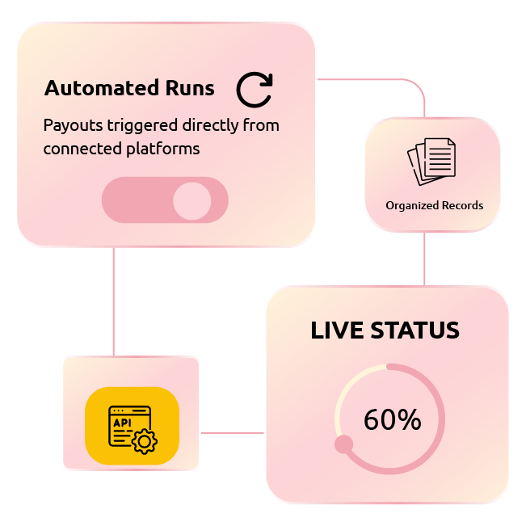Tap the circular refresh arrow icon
(x=254, y=90)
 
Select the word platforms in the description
(x=164, y=149)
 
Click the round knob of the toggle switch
(x=191, y=200)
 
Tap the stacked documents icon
(x=431, y=161)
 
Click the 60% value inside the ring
(x=392, y=419)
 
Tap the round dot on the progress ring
(x=343, y=444)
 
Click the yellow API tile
(x=132, y=426)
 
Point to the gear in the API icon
(x=145, y=441)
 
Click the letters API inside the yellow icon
(x=121, y=422)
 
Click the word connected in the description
(x=78, y=149)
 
